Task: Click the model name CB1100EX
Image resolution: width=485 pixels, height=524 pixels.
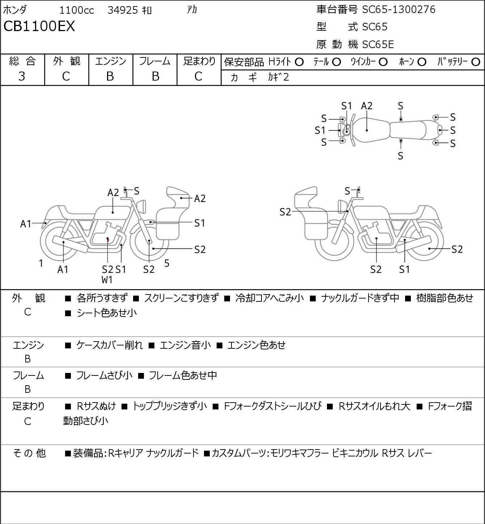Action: [x=39, y=26]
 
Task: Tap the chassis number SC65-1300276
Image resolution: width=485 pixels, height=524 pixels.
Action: [x=399, y=9]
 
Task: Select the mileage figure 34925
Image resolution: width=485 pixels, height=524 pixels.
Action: [x=123, y=10]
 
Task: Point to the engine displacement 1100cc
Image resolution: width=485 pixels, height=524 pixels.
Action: [x=77, y=10]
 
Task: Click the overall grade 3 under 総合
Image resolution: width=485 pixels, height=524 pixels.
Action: [x=22, y=77]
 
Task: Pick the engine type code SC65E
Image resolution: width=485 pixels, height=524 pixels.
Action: [x=378, y=44]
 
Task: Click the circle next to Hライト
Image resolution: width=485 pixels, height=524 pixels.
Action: [x=299, y=62]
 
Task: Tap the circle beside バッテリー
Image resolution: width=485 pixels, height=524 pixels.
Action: [x=476, y=62]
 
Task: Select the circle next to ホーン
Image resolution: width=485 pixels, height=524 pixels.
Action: [x=422, y=62]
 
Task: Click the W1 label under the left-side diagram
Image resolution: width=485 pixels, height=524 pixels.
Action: [x=107, y=280]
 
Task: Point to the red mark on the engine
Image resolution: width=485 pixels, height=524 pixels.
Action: [x=108, y=240]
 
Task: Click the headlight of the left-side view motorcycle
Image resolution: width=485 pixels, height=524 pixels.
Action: [x=141, y=206]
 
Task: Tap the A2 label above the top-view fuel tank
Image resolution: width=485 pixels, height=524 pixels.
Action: [x=367, y=106]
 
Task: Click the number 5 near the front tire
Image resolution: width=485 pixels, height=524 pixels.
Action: [x=167, y=263]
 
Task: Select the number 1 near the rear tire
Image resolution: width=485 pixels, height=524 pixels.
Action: [x=41, y=263]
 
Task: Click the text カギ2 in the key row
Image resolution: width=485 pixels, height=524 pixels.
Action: [x=278, y=77]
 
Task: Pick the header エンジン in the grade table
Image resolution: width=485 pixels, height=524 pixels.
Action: [x=111, y=61]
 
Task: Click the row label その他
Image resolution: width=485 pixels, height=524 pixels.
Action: [x=29, y=453]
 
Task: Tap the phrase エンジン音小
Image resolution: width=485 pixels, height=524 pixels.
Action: [x=185, y=345]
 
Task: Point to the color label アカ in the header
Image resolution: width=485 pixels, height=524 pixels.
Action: [x=192, y=10]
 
